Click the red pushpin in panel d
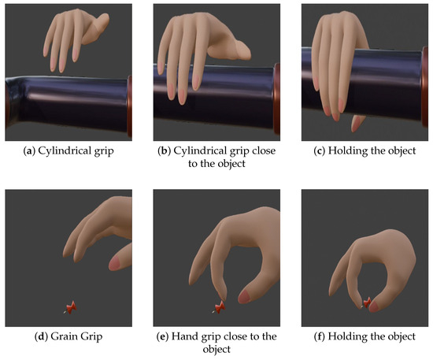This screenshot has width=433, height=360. pyautogui.click(x=71, y=307)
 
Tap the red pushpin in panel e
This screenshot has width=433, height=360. pyautogui.click(x=220, y=307)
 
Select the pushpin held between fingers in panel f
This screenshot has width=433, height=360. pyautogui.click(x=367, y=302)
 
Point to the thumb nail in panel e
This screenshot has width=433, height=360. pyautogui.click(x=244, y=297)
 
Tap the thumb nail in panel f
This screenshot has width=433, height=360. pyautogui.click(x=374, y=306)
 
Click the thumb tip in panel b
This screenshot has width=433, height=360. pyautogui.click(x=243, y=51)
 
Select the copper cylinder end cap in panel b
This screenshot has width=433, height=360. pyautogui.click(x=276, y=102)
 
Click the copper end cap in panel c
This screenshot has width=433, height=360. pyautogui.click(x=425, y=87)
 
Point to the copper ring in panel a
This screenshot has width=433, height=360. pyautogui.click(x=130, y=106)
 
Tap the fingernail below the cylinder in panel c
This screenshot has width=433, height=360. pyautogui.click(x=356, y=124)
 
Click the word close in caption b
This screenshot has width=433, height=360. pyautogui.click(x=264, y=150)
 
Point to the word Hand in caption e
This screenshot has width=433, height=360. pyautogui.click(x=183, y=336)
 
